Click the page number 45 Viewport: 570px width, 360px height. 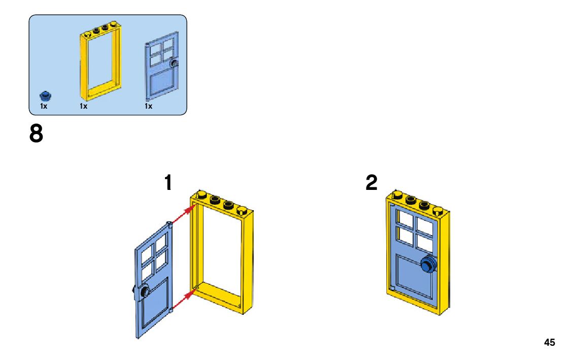coord(549,342)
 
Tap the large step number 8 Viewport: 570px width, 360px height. coord(37,134)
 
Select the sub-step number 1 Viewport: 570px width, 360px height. coord(168,183)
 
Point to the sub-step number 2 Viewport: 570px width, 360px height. coord(372,183)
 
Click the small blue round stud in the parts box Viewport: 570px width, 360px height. coord(45,95)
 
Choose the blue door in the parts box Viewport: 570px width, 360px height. coord(162,66)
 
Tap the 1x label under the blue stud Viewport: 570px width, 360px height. coord(44,107)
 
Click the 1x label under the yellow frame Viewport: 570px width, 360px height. coord(83,107)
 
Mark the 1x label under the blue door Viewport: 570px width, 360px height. coord(148,107)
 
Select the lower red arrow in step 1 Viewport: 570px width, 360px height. coord(182,300)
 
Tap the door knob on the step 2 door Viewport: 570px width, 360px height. coord(428,265)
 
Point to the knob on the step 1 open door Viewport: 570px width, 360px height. coord(143,291)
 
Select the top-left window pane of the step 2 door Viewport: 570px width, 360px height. coord(406,219)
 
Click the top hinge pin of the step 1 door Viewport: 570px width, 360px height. coord(169,224)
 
